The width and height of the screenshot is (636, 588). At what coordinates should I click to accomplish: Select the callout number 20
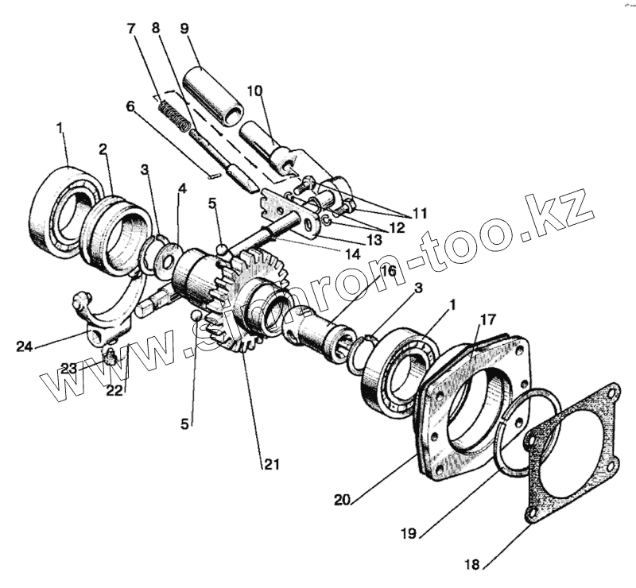point(343,500)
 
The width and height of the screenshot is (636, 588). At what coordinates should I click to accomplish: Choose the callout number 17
point(488,319)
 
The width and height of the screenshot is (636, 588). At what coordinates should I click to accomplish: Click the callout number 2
point(103,149)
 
